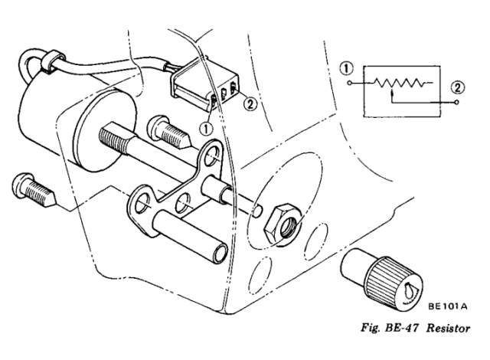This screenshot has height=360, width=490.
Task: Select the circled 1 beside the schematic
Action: (x=348, y=70)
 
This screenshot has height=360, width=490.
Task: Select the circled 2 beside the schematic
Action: (x=457, y=87)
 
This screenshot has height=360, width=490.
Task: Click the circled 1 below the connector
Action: (x=206, y=128)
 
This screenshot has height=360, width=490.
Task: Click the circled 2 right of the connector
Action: (x=250, y=103)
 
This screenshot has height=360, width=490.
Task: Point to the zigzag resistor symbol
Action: (x=399, y=83)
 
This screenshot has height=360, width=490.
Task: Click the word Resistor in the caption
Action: (x=449, y=329)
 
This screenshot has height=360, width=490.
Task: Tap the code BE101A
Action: (x=447, y=306)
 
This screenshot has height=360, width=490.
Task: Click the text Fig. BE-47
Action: (x=390, y=329)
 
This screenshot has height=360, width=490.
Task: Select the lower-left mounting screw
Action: (x=34, y=190)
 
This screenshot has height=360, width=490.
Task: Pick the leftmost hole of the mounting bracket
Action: (x=142, y=204)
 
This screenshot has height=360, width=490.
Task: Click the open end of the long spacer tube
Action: (x=220, y=254)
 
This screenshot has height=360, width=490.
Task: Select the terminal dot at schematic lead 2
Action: (x=457, y=102)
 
